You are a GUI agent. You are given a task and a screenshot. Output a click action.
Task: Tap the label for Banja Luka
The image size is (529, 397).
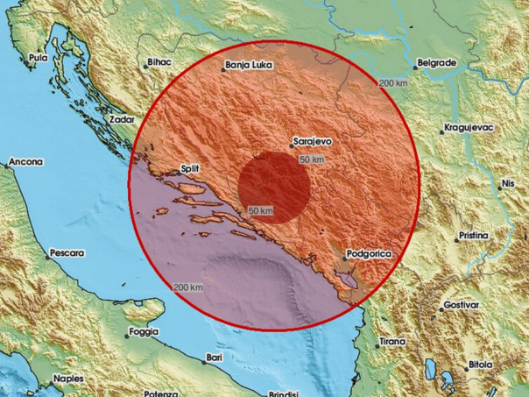tap(247, 65)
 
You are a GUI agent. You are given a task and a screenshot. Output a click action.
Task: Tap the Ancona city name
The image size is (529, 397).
tap(26, 162)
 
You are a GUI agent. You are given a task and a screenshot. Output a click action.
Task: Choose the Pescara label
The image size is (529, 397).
tap(67, 252)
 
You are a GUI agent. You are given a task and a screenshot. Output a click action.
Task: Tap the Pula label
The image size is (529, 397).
tap(38, 58)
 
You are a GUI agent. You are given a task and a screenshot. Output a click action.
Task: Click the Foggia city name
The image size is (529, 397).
tap(142, 331)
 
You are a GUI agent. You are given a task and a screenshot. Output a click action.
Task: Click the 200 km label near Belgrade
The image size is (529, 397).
tap(394, 82)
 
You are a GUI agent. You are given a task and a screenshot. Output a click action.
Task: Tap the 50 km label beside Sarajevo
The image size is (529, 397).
tap(311, 160)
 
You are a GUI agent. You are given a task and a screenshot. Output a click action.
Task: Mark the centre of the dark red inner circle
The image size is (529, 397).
tap(273, 187)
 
